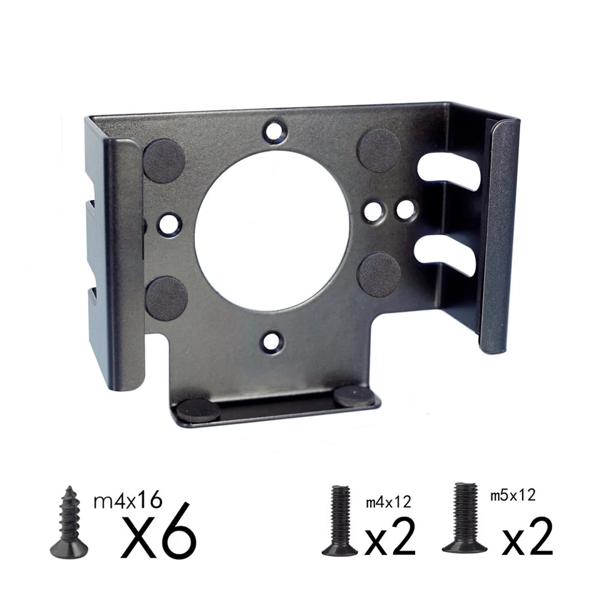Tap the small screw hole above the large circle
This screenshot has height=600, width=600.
click(273, 131)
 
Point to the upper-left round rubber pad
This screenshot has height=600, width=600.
click(164, 161)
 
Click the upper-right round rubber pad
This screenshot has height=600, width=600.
click(379, 150)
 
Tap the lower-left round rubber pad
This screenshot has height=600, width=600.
click(167, 298)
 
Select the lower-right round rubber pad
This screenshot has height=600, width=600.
click(379, 274)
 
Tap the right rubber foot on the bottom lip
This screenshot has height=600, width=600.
click(354, 395)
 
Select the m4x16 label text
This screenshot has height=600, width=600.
click(127, 500)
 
